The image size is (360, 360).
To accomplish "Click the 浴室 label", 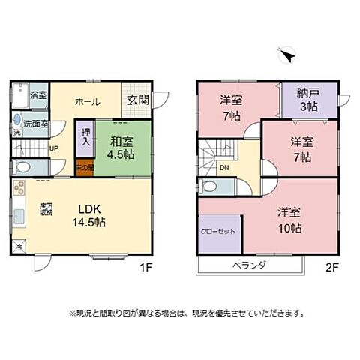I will [x=37, y=95].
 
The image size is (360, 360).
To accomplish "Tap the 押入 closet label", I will [x=85, y=136].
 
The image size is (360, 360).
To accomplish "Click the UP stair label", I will [x=53, y=148].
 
